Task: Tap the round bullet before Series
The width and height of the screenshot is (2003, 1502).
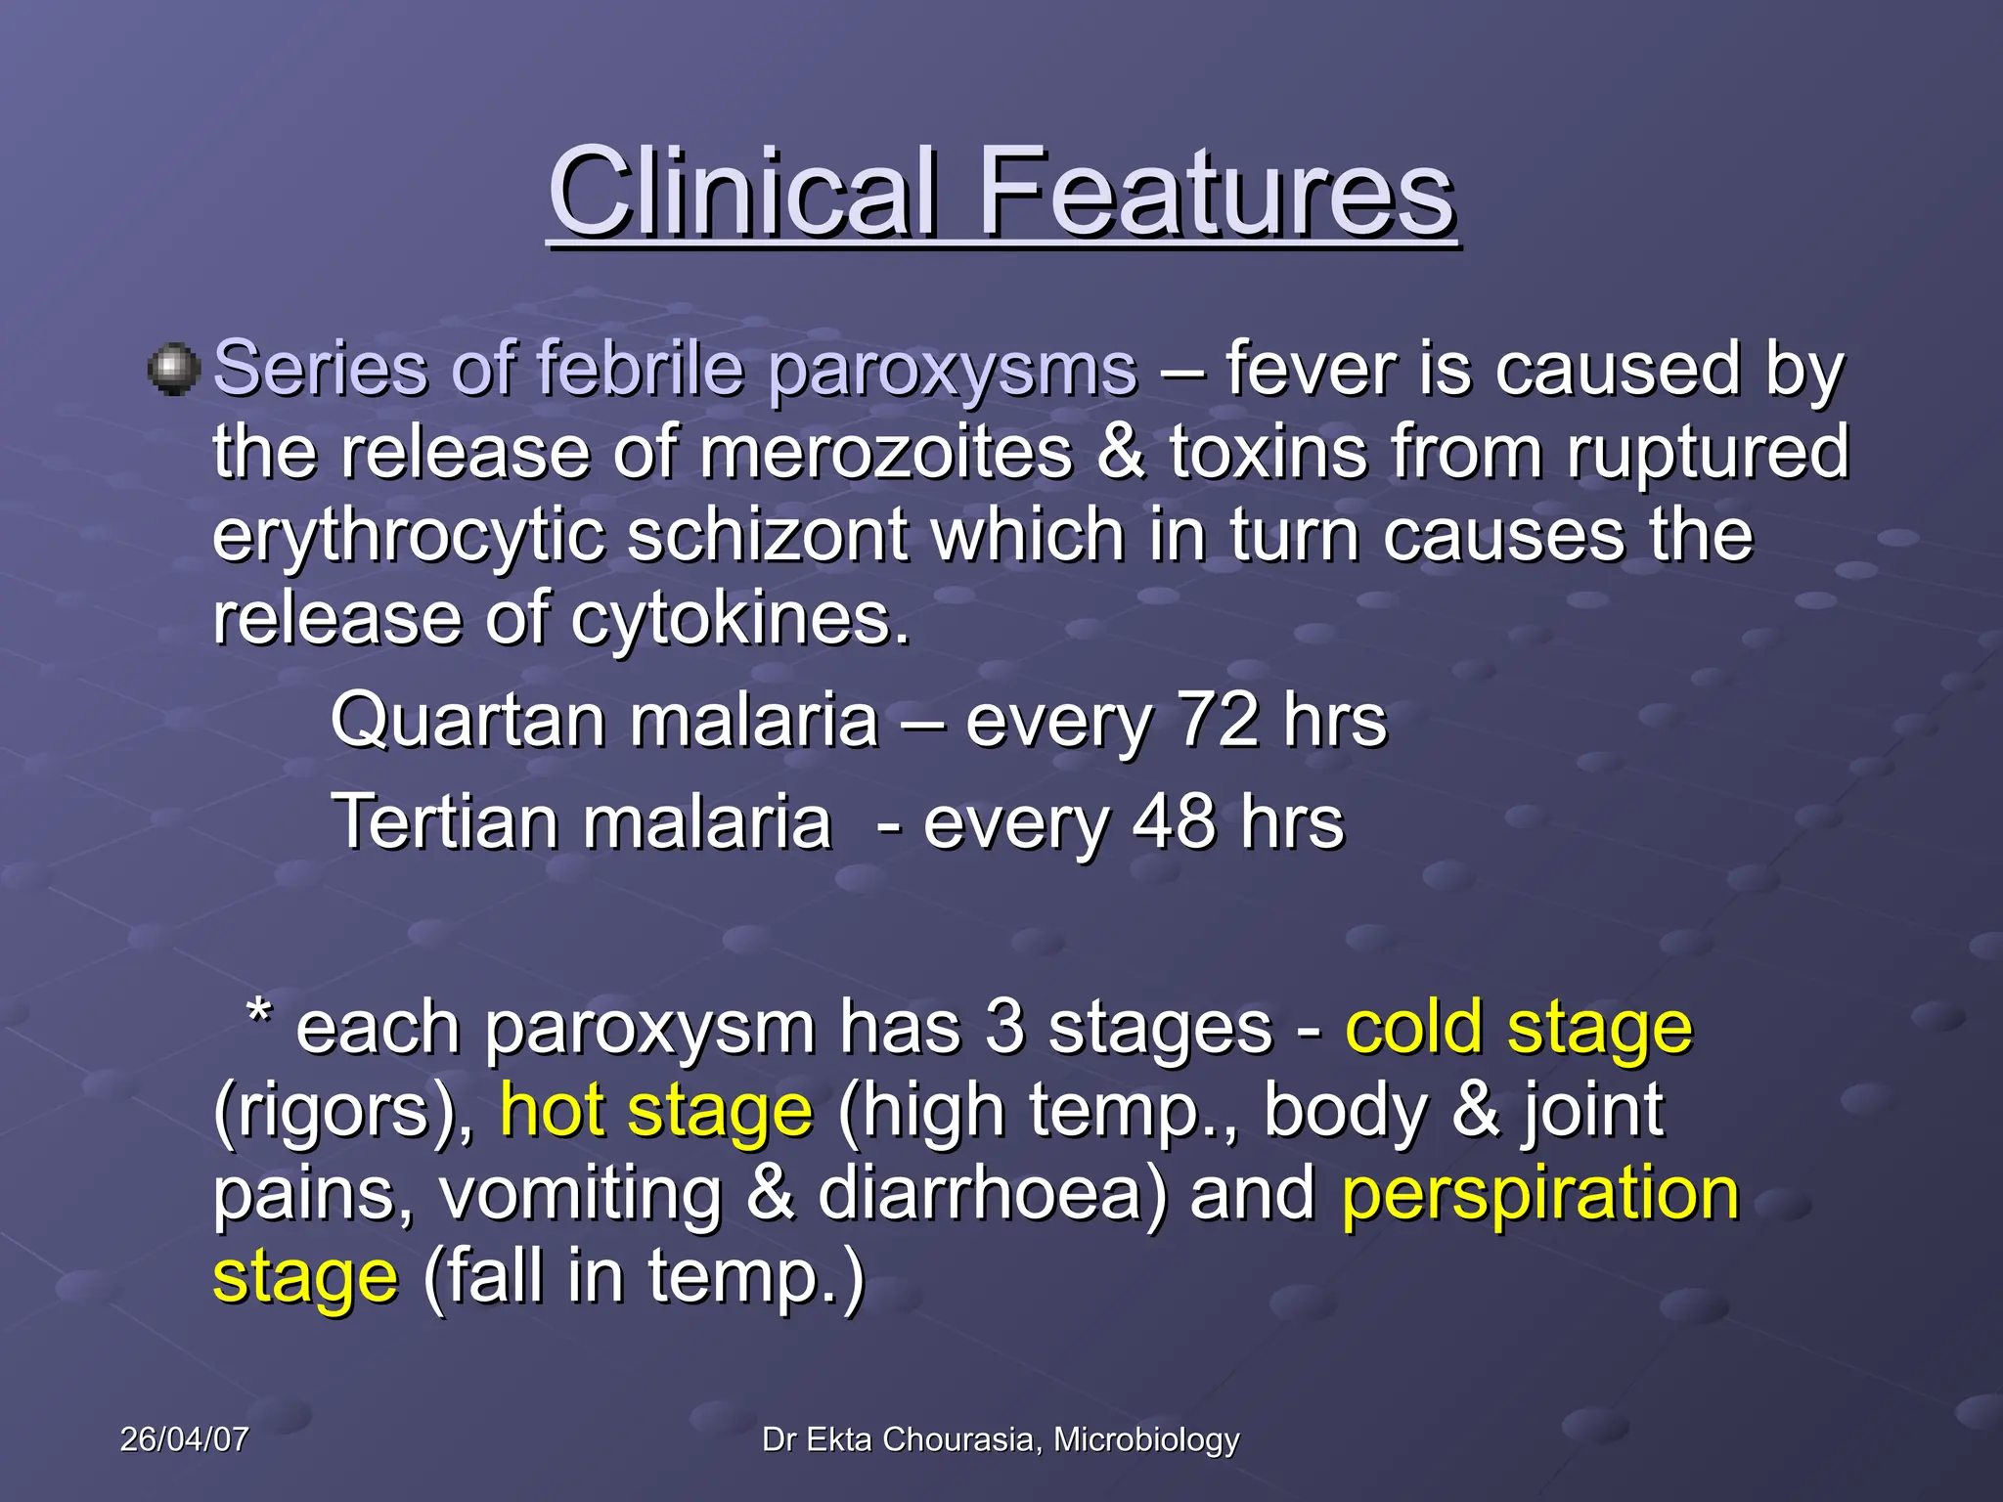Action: click(174, 370)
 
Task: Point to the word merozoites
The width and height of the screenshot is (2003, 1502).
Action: click(885, 452)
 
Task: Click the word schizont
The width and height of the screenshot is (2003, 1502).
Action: click(768, 535)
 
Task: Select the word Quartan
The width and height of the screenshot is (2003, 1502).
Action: click(468, 722)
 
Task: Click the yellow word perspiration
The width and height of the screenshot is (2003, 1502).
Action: click(1540, 1195)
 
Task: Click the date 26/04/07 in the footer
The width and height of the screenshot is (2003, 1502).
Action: click(184, 1439)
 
